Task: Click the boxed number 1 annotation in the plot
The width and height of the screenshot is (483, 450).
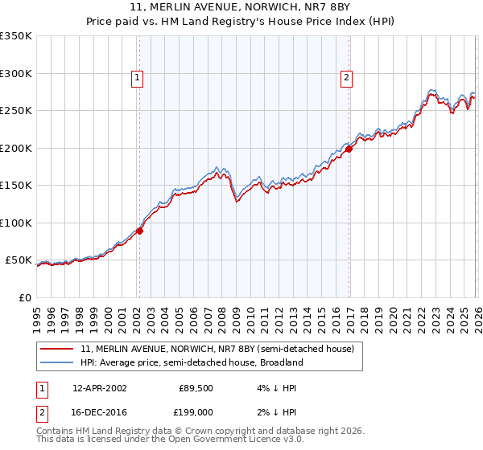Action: (138, 78)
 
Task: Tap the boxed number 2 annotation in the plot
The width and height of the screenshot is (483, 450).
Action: (346, 78)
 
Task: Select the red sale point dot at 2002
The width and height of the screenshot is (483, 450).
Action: (139, 231)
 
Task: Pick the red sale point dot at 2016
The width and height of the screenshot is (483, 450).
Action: (349, 149)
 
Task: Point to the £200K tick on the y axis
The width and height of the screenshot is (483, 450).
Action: (16, 148)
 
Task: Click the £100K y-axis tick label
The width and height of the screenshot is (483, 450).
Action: (16, 223)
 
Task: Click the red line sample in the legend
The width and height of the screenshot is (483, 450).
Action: (58, 349)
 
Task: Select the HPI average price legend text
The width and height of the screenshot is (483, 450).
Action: (192, 362)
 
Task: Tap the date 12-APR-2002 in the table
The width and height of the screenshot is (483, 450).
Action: (99, 387)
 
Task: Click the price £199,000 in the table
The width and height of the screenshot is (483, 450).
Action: (195, 412)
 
